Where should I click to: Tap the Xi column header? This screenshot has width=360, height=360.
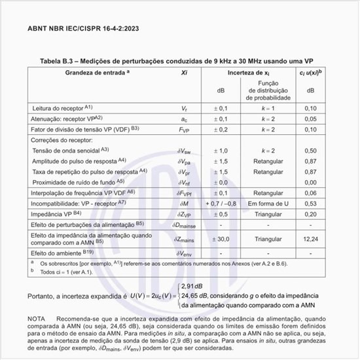[185, 73]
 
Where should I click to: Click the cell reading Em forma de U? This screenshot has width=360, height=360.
[268, 204]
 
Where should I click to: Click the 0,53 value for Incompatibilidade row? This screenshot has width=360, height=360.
[311, 204]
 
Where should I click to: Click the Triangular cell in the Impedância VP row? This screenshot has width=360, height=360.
[268, 213]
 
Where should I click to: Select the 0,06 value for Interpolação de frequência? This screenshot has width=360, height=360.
[311, 193]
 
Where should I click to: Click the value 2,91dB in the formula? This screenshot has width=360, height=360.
[194, 287]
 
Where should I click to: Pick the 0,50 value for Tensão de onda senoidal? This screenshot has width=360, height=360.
[311, 151]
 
